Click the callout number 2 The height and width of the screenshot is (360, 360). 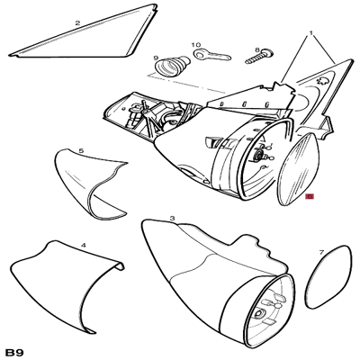(77, 22)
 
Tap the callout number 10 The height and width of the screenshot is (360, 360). (196, 45)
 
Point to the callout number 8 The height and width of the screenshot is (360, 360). (257, 49)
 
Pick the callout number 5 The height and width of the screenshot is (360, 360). (81, 151)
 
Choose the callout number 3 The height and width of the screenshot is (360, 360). (172, 218)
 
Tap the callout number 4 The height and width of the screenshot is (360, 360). (84, 245)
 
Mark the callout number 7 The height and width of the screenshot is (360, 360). (322, 252)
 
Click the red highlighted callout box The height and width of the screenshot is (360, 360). (310, 197)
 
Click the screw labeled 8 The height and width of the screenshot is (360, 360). (259, 58)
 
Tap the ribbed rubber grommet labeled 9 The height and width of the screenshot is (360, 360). (172, 66)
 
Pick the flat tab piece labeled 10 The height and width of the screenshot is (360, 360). (212, 55)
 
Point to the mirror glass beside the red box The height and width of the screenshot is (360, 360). (299, 169)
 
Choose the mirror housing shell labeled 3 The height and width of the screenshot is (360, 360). (210, 279)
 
